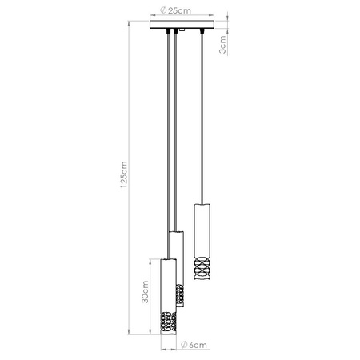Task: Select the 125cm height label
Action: [122, 181]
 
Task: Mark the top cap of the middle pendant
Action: [176, 233]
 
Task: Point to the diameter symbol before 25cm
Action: [162, 10]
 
